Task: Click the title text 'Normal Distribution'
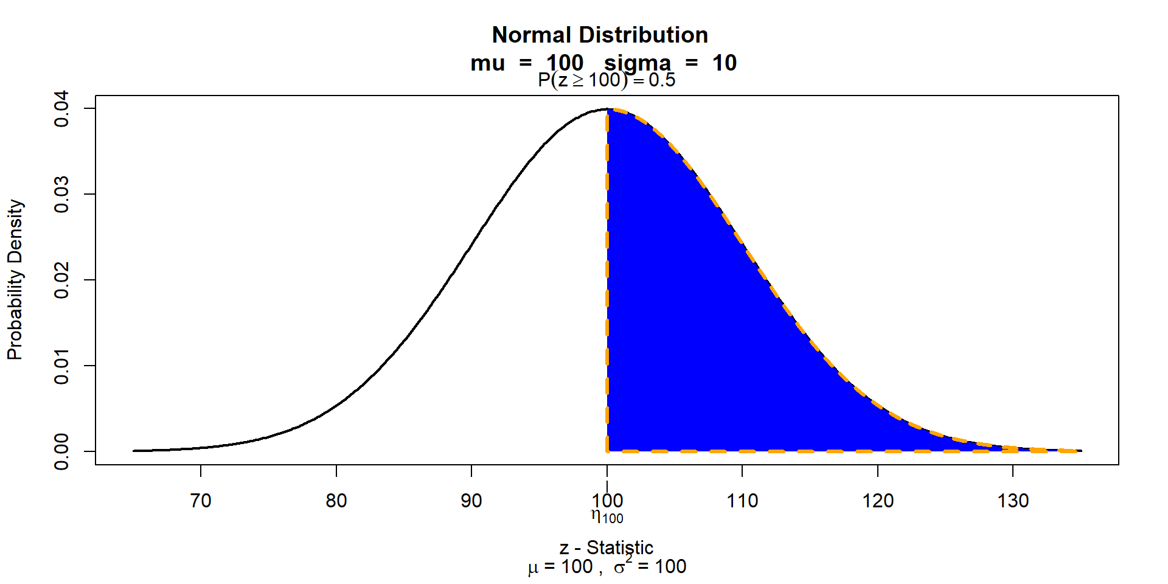point(600,35)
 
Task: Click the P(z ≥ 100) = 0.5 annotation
point(607,80)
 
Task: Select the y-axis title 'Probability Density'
point(15,280)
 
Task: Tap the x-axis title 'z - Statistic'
point(607,547)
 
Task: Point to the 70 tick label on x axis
point(201,501)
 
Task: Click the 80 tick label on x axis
point(336,501)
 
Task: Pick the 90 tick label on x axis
point(471,501)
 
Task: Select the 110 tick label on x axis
point(742,501)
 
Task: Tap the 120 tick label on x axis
point(878,501)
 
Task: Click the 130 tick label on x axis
point(1013,501)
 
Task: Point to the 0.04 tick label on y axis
point(62,109)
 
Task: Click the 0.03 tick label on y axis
point(62,195)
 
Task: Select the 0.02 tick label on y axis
point(62,280)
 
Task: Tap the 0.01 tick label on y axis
point(62,366)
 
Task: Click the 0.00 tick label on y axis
point(62,451)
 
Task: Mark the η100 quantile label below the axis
point(607,516)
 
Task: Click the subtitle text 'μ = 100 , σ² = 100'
point(607,567)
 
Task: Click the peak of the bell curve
point(607,109)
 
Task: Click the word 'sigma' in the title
point(638,63)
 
